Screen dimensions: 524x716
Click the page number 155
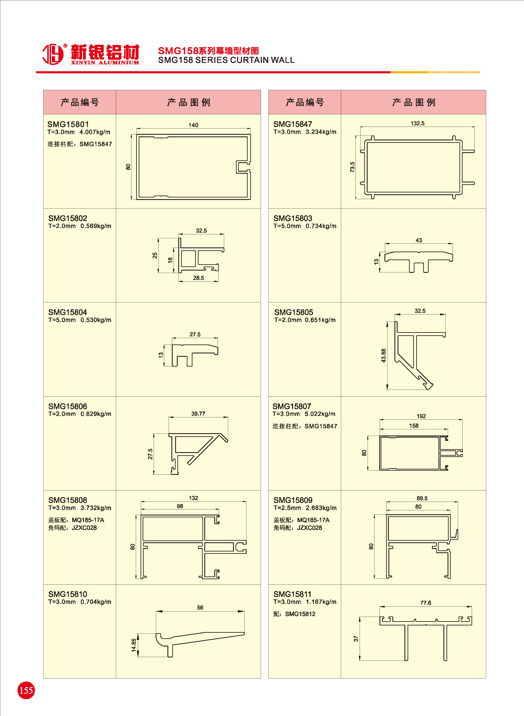(26, 690)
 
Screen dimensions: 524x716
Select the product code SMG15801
(68, 124)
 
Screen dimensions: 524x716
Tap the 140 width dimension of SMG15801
(193, 125)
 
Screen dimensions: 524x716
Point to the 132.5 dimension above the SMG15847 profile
(417, 123)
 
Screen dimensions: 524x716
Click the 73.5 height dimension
(352, 167)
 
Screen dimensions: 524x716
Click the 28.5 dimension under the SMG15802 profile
(198, 278)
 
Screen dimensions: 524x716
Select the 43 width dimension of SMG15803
(419, 240)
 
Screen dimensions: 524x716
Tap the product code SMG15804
(67, 312)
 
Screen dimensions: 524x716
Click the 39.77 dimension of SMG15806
(198, 413)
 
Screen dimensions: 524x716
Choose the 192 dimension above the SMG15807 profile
(421, 416)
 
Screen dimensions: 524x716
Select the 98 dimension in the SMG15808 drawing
(180, 506)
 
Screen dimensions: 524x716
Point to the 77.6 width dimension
(426, 603)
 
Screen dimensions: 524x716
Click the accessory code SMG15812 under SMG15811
(300, 614)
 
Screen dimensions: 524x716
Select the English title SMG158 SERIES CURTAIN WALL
(226, 60)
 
